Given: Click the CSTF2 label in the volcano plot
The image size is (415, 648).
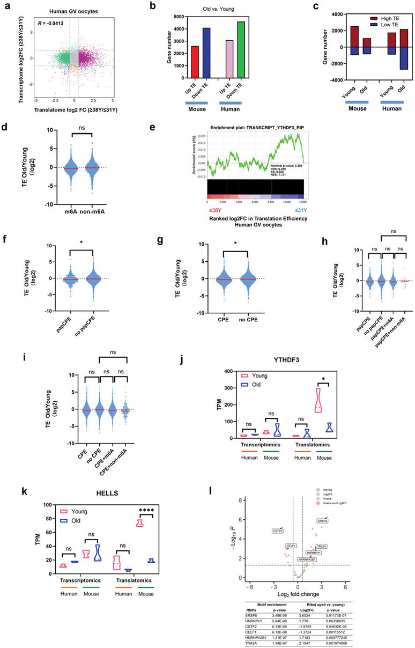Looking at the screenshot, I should [277, 531].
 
